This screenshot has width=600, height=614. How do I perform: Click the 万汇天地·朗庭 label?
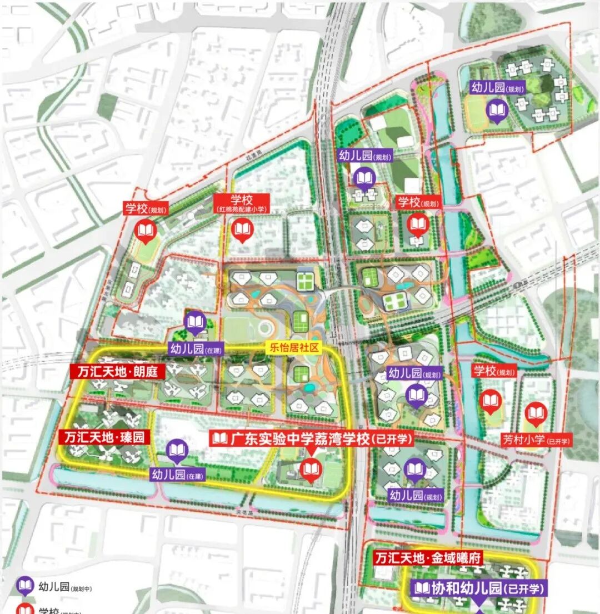point(117,371)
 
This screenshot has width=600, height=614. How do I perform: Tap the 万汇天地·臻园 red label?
point(104,437)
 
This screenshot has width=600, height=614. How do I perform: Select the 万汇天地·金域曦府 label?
point(428,557)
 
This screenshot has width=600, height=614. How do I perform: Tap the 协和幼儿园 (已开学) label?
point(479,588)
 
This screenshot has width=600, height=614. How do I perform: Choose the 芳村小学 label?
point(528,441)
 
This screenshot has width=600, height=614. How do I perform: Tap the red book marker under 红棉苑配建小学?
point(242,231)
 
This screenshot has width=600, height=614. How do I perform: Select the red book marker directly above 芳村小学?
point(536,413)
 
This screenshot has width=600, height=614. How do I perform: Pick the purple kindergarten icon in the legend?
point(24,586)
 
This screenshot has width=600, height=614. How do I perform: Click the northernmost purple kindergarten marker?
point(496,111)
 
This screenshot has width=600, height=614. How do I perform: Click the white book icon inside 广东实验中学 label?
point(220,439)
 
